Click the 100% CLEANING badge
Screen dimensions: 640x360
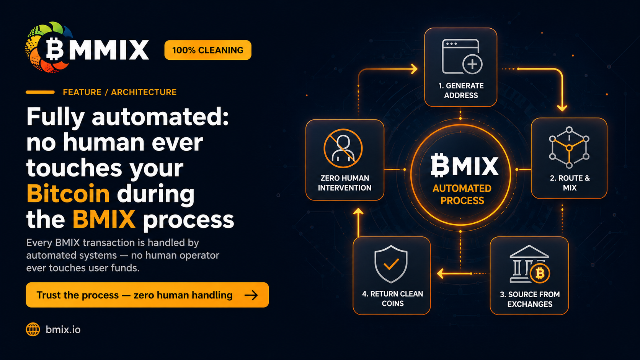pos(208,50)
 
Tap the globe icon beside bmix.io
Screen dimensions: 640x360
pos(33,329)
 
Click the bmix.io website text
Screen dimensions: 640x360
pos(63,330)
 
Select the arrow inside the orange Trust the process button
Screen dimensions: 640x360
pos(251,295)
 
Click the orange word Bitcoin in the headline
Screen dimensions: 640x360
pos(68,193)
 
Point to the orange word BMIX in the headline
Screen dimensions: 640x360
pos(104,219)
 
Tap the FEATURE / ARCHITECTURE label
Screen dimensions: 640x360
pos(120,92)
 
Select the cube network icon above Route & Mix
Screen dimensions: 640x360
pos(569,147)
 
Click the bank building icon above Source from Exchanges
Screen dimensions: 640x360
pos(529,264)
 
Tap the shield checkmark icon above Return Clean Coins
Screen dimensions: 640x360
pos(391,264)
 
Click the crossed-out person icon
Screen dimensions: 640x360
pos(343,148)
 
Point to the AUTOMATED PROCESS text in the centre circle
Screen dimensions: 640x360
pos(462,194)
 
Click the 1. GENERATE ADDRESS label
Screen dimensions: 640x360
pos(461,91)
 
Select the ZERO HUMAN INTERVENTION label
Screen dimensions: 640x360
pos(344,183)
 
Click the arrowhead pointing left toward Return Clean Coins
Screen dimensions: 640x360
pos(440,274)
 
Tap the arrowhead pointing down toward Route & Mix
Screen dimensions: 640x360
pos(562,108)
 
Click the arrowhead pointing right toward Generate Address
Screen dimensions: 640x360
pos(414,69)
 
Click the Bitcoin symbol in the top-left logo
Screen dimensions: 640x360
pos(55,49)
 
